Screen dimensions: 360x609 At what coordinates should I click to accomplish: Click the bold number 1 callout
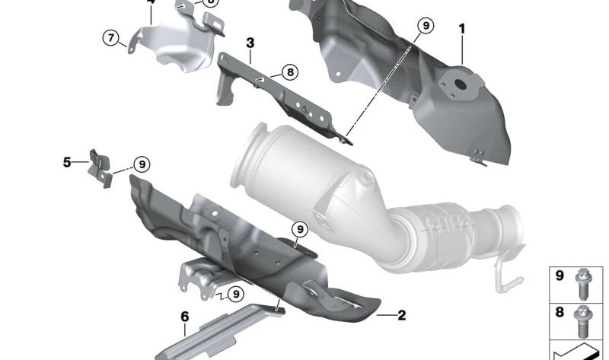pos(461,30)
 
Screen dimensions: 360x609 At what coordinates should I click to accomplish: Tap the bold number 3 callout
pos(250,42)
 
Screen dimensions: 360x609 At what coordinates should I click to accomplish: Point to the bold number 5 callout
pos(67,162)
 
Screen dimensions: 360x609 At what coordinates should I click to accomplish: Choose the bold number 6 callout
pos(184,316)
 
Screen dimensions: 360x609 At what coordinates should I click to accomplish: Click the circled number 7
pos(112,37)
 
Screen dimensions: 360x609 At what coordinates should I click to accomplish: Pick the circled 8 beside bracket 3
pos(289,73)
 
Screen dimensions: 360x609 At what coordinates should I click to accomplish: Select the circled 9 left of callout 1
pos(425,27)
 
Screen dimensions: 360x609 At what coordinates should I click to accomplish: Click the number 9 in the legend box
pos(560,276)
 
